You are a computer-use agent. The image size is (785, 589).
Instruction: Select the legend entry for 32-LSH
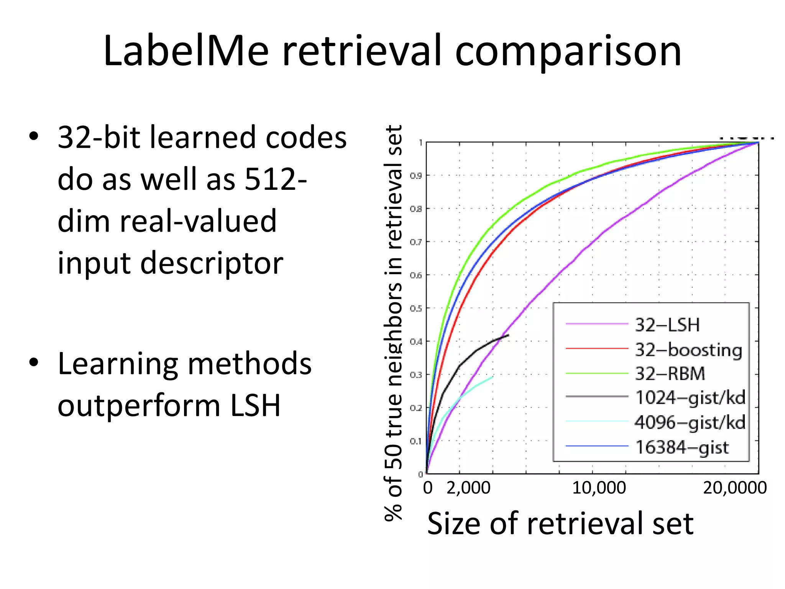coord(667,325)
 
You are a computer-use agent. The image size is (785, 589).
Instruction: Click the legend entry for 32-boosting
coord(688,350)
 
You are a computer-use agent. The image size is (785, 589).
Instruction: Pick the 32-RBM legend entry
coord(670,373)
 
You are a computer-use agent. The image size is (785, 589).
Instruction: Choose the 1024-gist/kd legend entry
coord(690,398)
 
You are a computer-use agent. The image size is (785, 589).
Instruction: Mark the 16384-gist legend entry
coord(682,447)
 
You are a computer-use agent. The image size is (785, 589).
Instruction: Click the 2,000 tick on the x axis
coord(468,488)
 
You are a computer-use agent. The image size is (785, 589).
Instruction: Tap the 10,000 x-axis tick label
coord(599,488)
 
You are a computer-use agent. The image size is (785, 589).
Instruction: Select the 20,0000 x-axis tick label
coord(734,488)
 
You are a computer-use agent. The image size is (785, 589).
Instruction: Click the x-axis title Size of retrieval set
coord(560,523)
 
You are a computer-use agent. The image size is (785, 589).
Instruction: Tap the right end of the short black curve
coord(509,335)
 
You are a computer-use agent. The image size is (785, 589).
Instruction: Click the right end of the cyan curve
coord(493,377)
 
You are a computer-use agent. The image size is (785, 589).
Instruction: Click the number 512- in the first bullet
coord(276,179)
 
